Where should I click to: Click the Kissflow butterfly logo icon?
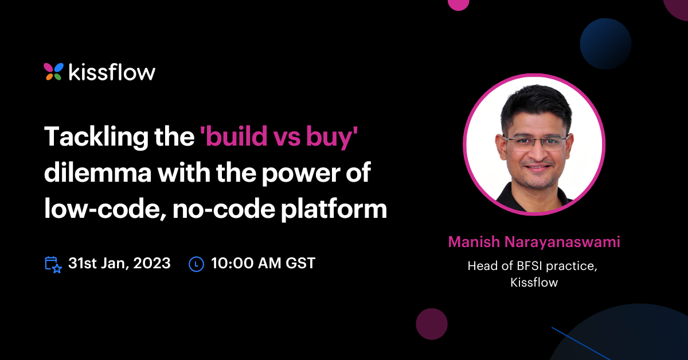tap(53, 72)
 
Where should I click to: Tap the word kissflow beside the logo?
tap(112, 72)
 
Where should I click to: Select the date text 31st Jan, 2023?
tap(119, 263)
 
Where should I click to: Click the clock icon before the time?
tap(197, 264)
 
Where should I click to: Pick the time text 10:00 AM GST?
tap(263, 263)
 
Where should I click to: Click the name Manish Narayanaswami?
tap(534, 242)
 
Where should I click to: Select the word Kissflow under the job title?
tap(534, 283)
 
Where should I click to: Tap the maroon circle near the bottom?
tap(431, 324)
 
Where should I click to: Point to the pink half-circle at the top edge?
tap(458, 4)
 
